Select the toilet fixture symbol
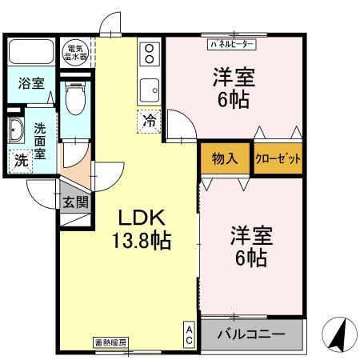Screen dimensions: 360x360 (75, 99)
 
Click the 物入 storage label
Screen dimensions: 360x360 (225, 158)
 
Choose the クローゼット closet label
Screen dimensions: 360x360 (278, 158)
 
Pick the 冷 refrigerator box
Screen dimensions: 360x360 (150, 122)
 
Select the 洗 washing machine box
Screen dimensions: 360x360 (21, 159)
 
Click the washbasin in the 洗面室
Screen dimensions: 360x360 (17, 129)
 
